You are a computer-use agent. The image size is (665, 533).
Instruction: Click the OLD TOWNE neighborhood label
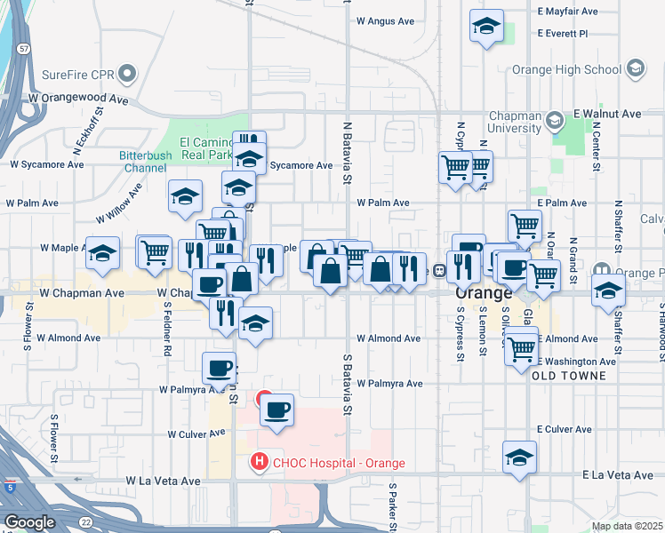[569, 376]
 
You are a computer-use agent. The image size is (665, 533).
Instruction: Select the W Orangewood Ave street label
[78, 99]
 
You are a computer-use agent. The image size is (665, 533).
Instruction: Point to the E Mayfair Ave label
[569, 12]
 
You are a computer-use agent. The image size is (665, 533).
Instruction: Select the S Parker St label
[391, 503]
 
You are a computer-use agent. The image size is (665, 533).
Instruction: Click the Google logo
[29, 522]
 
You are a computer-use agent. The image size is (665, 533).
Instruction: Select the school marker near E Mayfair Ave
[486, 27]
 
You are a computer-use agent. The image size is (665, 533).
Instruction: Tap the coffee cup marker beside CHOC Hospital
[277, 410]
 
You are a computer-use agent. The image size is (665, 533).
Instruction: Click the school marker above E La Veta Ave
[519, 457]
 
